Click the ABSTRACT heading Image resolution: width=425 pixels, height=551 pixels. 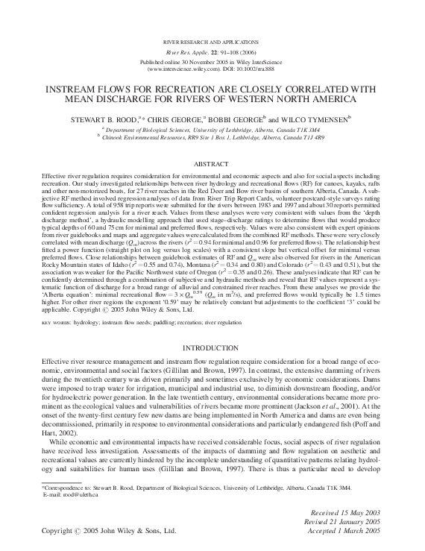coord(212,163)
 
